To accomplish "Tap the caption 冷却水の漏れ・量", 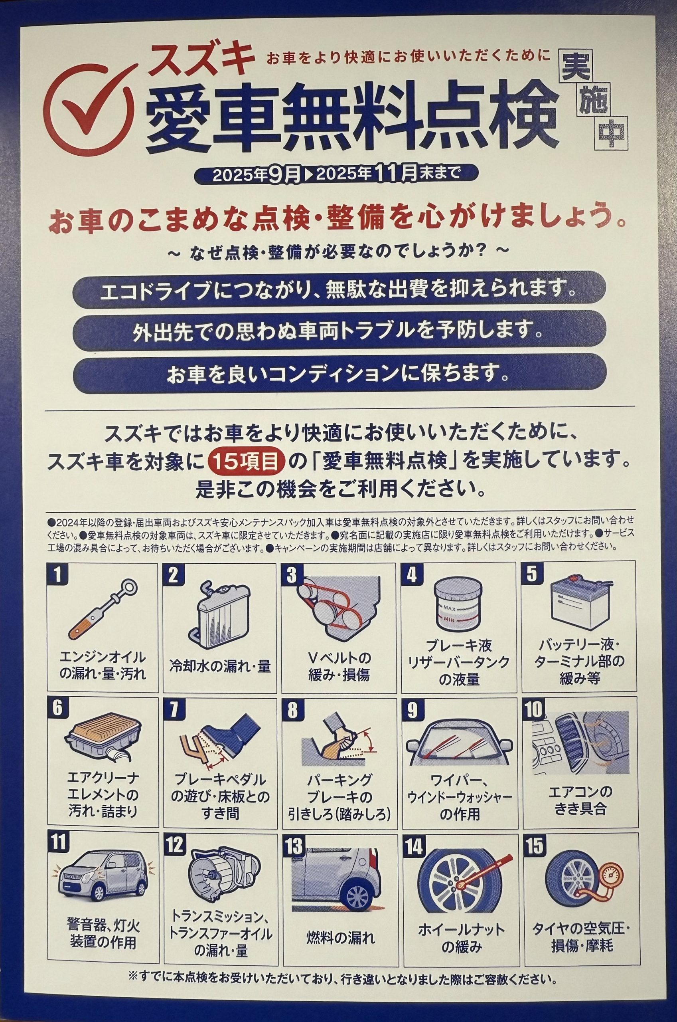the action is [x=220, y=667].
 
